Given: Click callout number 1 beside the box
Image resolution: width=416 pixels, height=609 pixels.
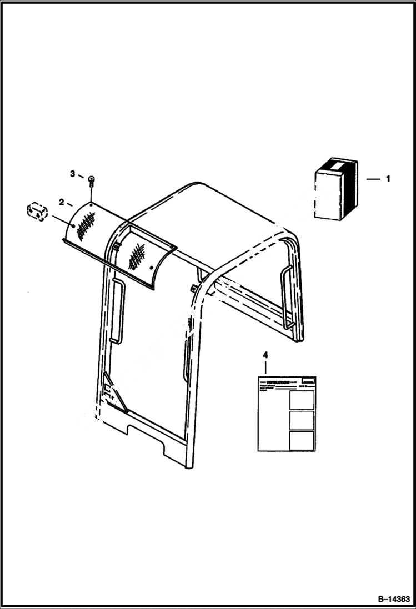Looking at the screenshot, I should pyautogui.click(x=388, y=179).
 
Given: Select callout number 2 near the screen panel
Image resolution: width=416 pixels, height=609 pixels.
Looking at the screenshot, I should pyautogui.click(x=62, y=201).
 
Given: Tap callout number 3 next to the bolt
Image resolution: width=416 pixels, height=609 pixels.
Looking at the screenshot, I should pyautogui.click(x=72, y=174).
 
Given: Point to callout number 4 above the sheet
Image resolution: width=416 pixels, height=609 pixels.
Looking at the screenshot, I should pyautogui.click(x=265, y=354).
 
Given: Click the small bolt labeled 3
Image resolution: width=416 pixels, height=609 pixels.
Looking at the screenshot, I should pyautogui.click(x=91, y=179).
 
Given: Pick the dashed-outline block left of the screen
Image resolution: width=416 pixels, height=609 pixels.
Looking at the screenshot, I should pyautogui.click(x=37, y=211).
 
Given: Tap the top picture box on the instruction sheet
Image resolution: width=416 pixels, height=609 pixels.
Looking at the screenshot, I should pyautogui.click(x=302, y=400).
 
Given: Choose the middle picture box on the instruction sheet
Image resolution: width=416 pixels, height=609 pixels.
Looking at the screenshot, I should pyautogui.click(x=302, y=420).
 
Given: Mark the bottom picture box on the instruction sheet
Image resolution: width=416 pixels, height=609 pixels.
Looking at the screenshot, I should pyautogui.click(x=302, y=440).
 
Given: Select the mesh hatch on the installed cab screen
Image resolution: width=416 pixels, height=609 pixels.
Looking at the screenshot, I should pyautogui.click(x=136, y=256).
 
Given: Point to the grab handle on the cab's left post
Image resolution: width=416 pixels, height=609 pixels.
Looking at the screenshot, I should pyautogui.click(x=117, y=311).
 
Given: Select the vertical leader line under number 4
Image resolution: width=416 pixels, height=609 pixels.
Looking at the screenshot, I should pyautogui.click(x=265, y=368).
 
